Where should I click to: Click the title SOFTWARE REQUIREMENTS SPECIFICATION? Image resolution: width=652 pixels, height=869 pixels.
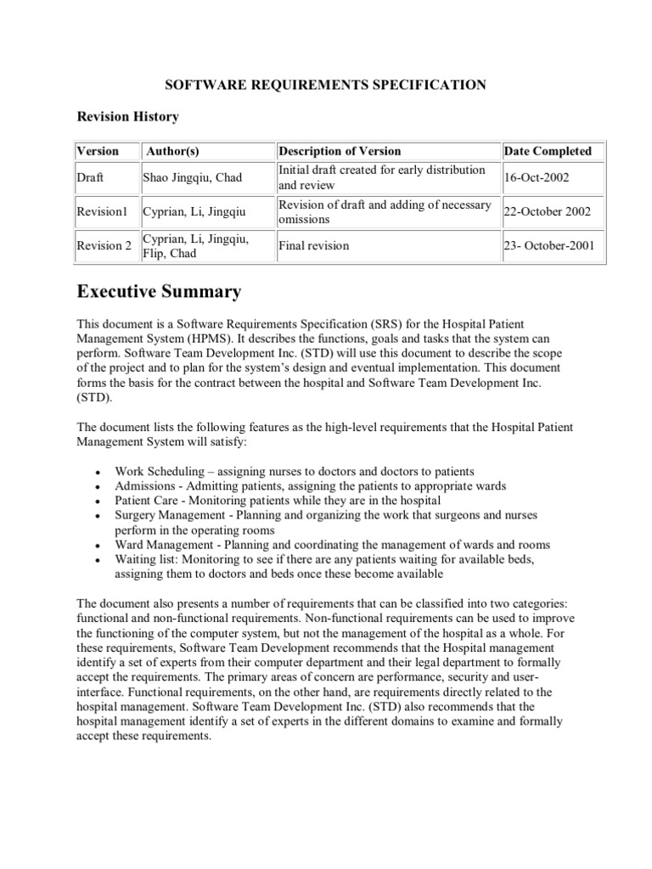click(x=325, y=85)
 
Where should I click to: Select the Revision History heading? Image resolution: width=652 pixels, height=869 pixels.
click(x=127, y=116)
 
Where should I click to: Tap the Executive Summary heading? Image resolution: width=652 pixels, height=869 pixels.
click(x=159, y=293)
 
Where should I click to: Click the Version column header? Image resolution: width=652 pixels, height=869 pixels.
click(x=98, y=151)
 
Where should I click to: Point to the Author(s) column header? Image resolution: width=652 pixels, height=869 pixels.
click(x=172, y=151)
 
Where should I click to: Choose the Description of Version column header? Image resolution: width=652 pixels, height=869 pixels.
click(x=340, y=151)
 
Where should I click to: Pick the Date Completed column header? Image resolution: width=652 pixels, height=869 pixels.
click(x=548, y=151)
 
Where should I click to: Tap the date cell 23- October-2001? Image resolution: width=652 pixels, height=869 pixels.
click(x=550, y=246)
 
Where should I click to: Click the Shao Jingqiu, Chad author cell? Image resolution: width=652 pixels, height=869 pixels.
click(x=193, y=178)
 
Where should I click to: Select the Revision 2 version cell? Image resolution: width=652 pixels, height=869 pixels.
click(x=104, y=246)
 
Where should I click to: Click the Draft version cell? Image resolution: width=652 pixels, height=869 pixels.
click(x=90, y=178)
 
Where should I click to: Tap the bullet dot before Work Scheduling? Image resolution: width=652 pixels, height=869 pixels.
click(x=99, y=472)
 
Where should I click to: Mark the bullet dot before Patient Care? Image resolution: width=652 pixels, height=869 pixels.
click(x=99, y=502)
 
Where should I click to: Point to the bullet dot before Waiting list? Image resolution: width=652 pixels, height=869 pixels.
click(x=99, y=560)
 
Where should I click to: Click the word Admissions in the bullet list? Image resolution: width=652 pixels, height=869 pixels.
click(x=144, y=486)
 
